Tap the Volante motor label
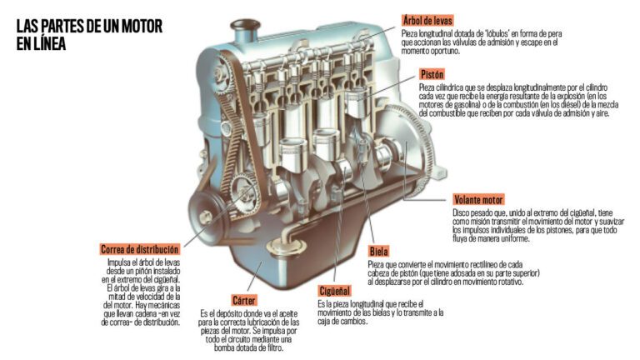479,200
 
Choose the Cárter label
243,299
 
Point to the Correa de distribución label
139,249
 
